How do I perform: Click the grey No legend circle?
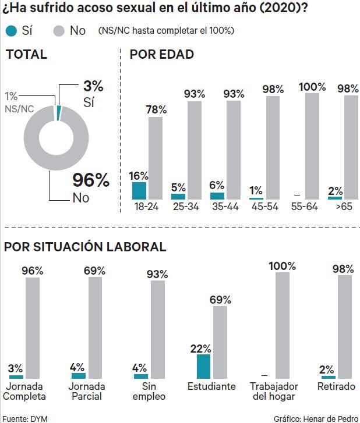coord(59,31)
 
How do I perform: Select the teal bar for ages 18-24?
coord(139,191)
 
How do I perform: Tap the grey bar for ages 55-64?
coord(312,146)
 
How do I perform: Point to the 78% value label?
coord(156,109)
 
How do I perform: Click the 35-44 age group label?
coord(226,207)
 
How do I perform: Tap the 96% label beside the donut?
coord(91,180)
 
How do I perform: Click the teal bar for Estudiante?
coord(203,367)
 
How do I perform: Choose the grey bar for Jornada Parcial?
coord(95,328)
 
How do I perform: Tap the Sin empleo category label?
coord(149,391)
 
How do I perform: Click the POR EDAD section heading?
coord(161,55)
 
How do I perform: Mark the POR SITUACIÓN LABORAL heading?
coord(85,247)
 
